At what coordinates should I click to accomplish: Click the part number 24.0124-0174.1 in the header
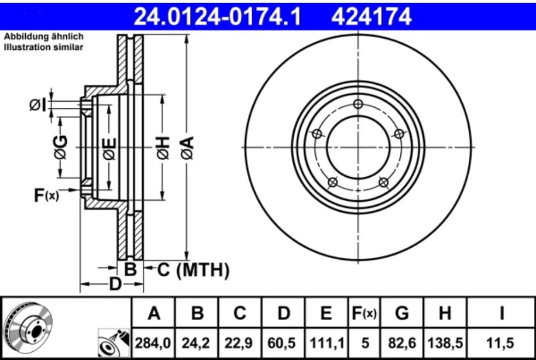point(218,16)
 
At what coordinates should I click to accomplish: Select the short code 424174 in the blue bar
point(371,16)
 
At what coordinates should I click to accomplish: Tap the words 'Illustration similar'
point(44,48)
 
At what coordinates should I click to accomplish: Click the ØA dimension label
point(187,148)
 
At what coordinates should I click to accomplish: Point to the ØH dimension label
point(162,148)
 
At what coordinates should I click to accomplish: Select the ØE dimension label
point(109,148)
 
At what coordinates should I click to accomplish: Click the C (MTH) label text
point(194,269)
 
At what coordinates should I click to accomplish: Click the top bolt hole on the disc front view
point(358,104)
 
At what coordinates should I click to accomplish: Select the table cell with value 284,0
point(154,343)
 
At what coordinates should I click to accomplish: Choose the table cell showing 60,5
point(283,343)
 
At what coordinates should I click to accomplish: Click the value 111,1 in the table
point(326,343)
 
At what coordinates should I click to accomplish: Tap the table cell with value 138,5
point(445,343)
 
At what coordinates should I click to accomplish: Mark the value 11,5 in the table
point(500,343)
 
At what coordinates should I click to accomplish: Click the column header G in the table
point(402,313)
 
